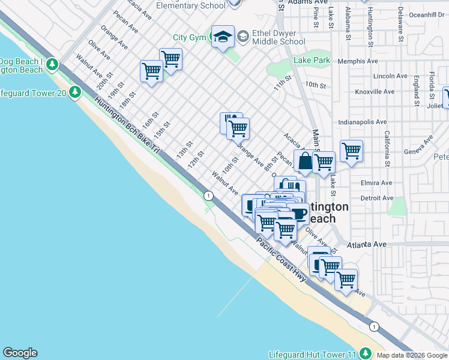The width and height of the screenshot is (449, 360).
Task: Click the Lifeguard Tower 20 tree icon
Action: click(x=75, y=92)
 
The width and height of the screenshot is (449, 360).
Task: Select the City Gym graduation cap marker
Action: click(x=222, y=37)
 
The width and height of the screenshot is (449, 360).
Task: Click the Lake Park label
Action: click(x=312, y=61)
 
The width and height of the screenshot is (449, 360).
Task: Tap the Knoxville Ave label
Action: click(x=374, y=92)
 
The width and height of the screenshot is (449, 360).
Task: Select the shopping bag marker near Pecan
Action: click(x=305, y=161)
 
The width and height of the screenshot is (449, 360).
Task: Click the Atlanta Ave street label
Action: click(x=369, y=244)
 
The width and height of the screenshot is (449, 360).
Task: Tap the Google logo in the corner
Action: click(x=20, y=353)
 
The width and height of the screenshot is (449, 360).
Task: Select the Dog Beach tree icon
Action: click(x=53, y=63)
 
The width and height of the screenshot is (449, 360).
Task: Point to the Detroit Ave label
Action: click(x=376, y=198)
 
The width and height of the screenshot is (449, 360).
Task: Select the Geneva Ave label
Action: click(x=418, y=148)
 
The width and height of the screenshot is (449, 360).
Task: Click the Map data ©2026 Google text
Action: click(x=412, y=355)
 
